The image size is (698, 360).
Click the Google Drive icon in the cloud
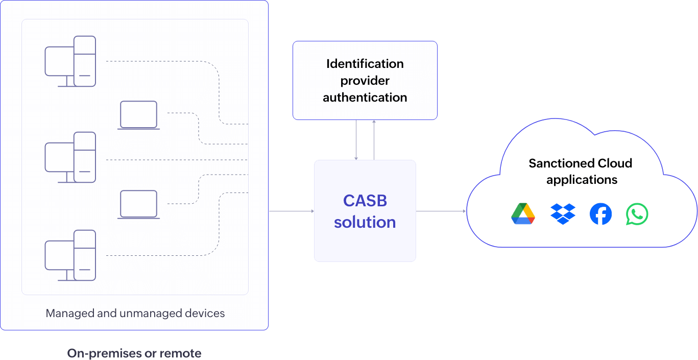click(x=523, y=214)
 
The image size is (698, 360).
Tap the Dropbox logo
click(x=563, y=214)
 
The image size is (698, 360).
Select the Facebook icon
click(x=600, y=214)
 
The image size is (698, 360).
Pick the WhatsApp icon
click(x=637, y=214)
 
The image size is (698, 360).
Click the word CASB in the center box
click(x=365, y=201)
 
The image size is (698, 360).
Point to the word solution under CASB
click(x=365, y=222)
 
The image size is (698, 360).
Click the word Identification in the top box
click(x=365, y=64)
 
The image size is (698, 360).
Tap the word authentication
click(x=365, y=97)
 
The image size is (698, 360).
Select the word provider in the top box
click(x=365, y=81)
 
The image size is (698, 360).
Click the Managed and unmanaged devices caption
click(x=135, y=313)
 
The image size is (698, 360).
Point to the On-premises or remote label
click(x=134, y=353)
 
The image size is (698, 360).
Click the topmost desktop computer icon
click(x=70, y=61)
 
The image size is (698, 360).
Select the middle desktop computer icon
click(x=70, y=157)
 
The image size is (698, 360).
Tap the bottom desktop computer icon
click(x=70, y=255)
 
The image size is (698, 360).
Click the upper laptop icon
click(x=138, y=115)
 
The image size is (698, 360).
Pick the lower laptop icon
click(x=138, y=204)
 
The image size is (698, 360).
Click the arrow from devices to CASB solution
click(x=291, y=211)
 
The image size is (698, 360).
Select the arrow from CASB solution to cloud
click(x=441, y=211)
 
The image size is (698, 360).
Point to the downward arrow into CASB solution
click(x=356, y=140)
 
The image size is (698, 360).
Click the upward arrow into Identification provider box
click(x=374, y=140)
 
